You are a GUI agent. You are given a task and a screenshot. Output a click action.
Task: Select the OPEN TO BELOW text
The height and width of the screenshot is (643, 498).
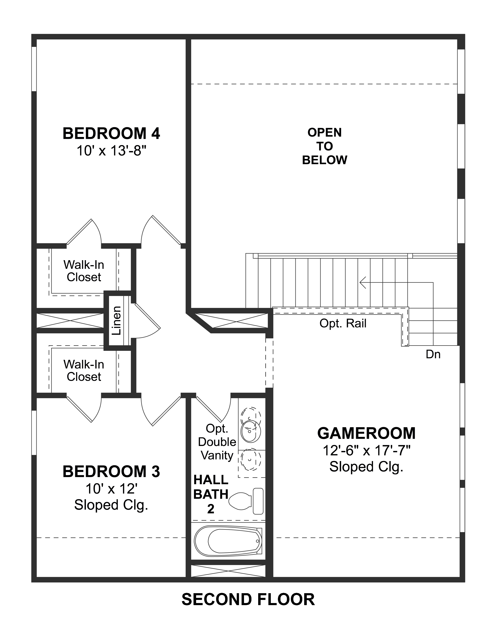point(324,146)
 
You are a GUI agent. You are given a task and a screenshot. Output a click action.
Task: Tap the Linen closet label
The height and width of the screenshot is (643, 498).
point(117,321)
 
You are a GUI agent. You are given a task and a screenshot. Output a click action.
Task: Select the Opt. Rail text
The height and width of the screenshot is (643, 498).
point(343,323)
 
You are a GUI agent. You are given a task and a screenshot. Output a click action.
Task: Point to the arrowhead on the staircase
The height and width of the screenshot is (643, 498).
point(363,283)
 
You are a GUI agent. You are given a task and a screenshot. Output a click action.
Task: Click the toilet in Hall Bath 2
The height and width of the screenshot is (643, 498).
point(246,501)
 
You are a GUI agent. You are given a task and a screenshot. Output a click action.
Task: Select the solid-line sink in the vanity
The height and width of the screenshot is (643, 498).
point(251,431)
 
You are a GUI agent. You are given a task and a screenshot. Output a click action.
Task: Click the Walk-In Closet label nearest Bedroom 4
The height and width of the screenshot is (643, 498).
point(84,271)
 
